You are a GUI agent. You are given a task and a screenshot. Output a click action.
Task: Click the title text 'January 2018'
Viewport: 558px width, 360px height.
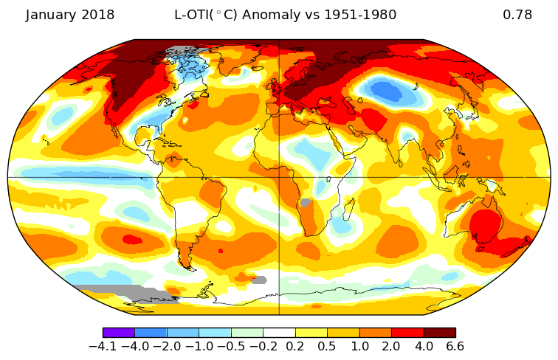click(x=70, y=15)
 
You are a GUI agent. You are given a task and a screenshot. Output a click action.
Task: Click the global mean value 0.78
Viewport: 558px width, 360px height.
click(x=517, y=15)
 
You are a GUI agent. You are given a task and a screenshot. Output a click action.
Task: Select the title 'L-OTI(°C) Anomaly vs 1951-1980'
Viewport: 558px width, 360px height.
click(x=285, y=15)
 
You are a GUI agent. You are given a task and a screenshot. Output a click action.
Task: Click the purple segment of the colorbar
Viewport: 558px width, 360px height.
click(x=119, y=333)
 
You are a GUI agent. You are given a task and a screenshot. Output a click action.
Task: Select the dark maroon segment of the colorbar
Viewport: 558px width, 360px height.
click(x=439, y=333)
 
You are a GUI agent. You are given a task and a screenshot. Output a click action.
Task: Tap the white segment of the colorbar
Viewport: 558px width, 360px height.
click(x=279, y=333)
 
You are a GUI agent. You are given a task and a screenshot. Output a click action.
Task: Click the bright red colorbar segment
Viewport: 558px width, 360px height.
click(x=407, y=333)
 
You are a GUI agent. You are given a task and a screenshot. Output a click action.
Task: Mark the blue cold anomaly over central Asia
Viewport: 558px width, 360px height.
click(x=389, y=91)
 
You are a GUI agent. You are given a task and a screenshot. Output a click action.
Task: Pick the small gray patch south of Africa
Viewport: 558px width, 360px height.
click(x=259, y=280)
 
